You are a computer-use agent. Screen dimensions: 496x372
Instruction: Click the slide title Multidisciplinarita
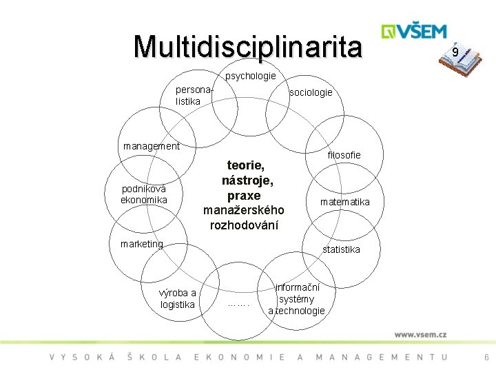click(247, 46)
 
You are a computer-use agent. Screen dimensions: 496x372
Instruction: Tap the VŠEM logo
click(414, 32)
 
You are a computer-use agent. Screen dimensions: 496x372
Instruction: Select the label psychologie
click(251, 76)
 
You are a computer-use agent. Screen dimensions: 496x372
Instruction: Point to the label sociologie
click(311, 92)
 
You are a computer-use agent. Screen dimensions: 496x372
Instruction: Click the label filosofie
click(344, 155)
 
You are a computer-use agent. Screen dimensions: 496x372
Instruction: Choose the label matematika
click(344, 202)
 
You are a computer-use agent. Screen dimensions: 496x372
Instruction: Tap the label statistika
click(341, 249)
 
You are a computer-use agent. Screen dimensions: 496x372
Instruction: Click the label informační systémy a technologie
click(296, 299)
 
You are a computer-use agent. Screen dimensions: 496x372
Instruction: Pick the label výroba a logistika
click(178, 298)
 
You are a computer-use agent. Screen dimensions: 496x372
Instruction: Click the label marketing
click(141, 244)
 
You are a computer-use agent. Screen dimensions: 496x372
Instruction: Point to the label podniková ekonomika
click(143, 194)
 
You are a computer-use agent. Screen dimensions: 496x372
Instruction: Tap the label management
click(151, 146)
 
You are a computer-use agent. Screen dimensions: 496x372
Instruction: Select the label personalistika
click(192, 96)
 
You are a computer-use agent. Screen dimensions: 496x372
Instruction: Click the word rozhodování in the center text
click(244, 225)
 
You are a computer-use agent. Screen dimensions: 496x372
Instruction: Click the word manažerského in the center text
click(244, 210)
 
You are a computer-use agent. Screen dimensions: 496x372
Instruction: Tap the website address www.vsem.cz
click(420, 334)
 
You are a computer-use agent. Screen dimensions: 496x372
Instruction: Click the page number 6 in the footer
click(486, 357)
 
